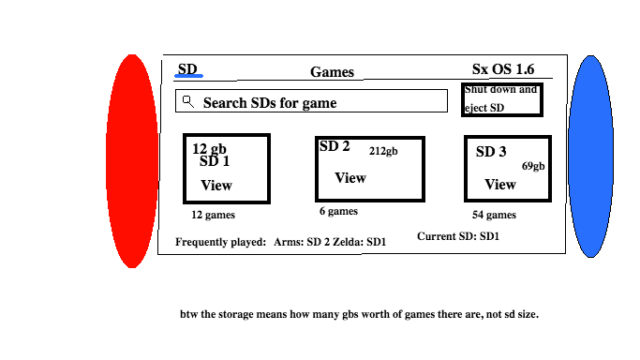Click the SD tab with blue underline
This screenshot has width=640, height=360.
click(x=188, y=69)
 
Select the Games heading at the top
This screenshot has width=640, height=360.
click(x=332, y=72)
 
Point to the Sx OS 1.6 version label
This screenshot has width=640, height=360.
click(x=503, y=69)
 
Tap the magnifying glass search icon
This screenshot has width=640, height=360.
click(x=188, y=101)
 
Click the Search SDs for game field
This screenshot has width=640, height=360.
click(x=311, y=101)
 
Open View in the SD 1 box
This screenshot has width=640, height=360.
click(x=216, y=186)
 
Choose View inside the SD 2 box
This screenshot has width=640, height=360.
click(x=350, y=178)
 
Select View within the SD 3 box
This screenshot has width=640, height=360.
click(x=500, y=185)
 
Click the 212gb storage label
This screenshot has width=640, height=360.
click(x=383, y=151)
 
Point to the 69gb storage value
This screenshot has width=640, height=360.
click(x=533, y=166)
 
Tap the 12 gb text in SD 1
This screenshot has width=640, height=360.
click(x=209, y=148)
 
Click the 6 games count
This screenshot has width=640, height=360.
click(x=338, y=211)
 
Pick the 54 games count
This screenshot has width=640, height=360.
click(x=494, y=215)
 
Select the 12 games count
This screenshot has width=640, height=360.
click(x=213, y=215)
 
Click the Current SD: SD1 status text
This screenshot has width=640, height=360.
click(x=458, y=236)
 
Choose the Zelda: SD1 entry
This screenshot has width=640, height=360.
click(x=360, y=242)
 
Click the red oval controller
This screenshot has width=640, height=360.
click(x=132, y=161)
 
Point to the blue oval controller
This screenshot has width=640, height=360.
click(x=590, y=157)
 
